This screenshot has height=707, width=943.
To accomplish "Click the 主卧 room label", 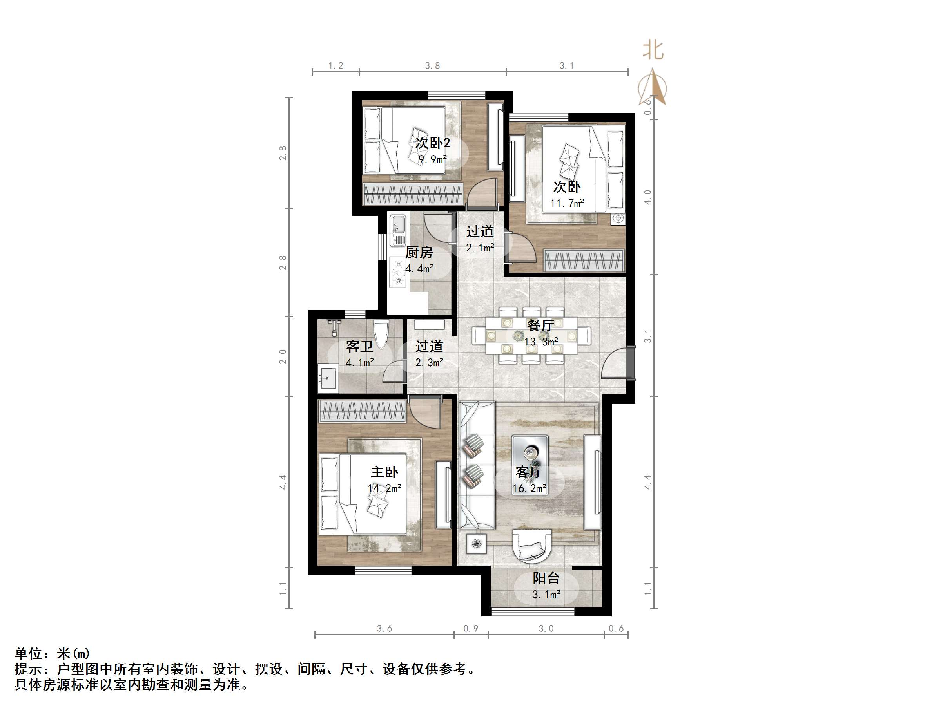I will [x=384, y=472].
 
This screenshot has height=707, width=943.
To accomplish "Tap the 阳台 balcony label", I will [x=546, y=578].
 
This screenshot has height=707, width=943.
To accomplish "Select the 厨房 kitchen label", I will [x=419, y=252].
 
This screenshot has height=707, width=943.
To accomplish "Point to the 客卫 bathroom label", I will [x=359, y=346].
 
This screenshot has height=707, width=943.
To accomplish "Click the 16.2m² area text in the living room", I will [x=529, y=488].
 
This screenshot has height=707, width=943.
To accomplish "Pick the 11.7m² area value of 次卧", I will [x=567, y=203].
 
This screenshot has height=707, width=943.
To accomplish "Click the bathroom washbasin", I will [x=327, y=378].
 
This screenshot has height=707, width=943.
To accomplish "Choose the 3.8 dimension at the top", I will [x=432, y=66].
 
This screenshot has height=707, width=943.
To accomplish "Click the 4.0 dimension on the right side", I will [x=647, y=197].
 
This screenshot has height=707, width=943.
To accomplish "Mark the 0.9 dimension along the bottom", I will [x=471, y=629].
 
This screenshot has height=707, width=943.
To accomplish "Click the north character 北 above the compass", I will [x=653, y=50].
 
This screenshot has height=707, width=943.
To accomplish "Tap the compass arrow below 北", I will [x=653, y=87].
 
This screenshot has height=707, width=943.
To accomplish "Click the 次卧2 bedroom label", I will [x=432, y=143].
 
